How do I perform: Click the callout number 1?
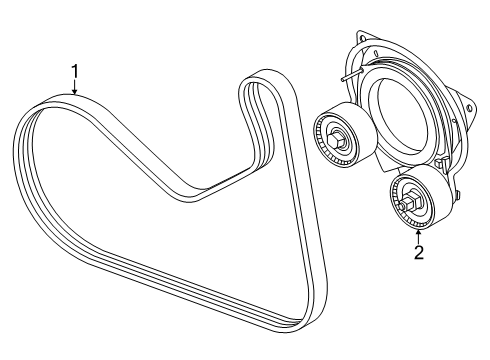coord(73,71)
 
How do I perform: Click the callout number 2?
coord(419,252)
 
